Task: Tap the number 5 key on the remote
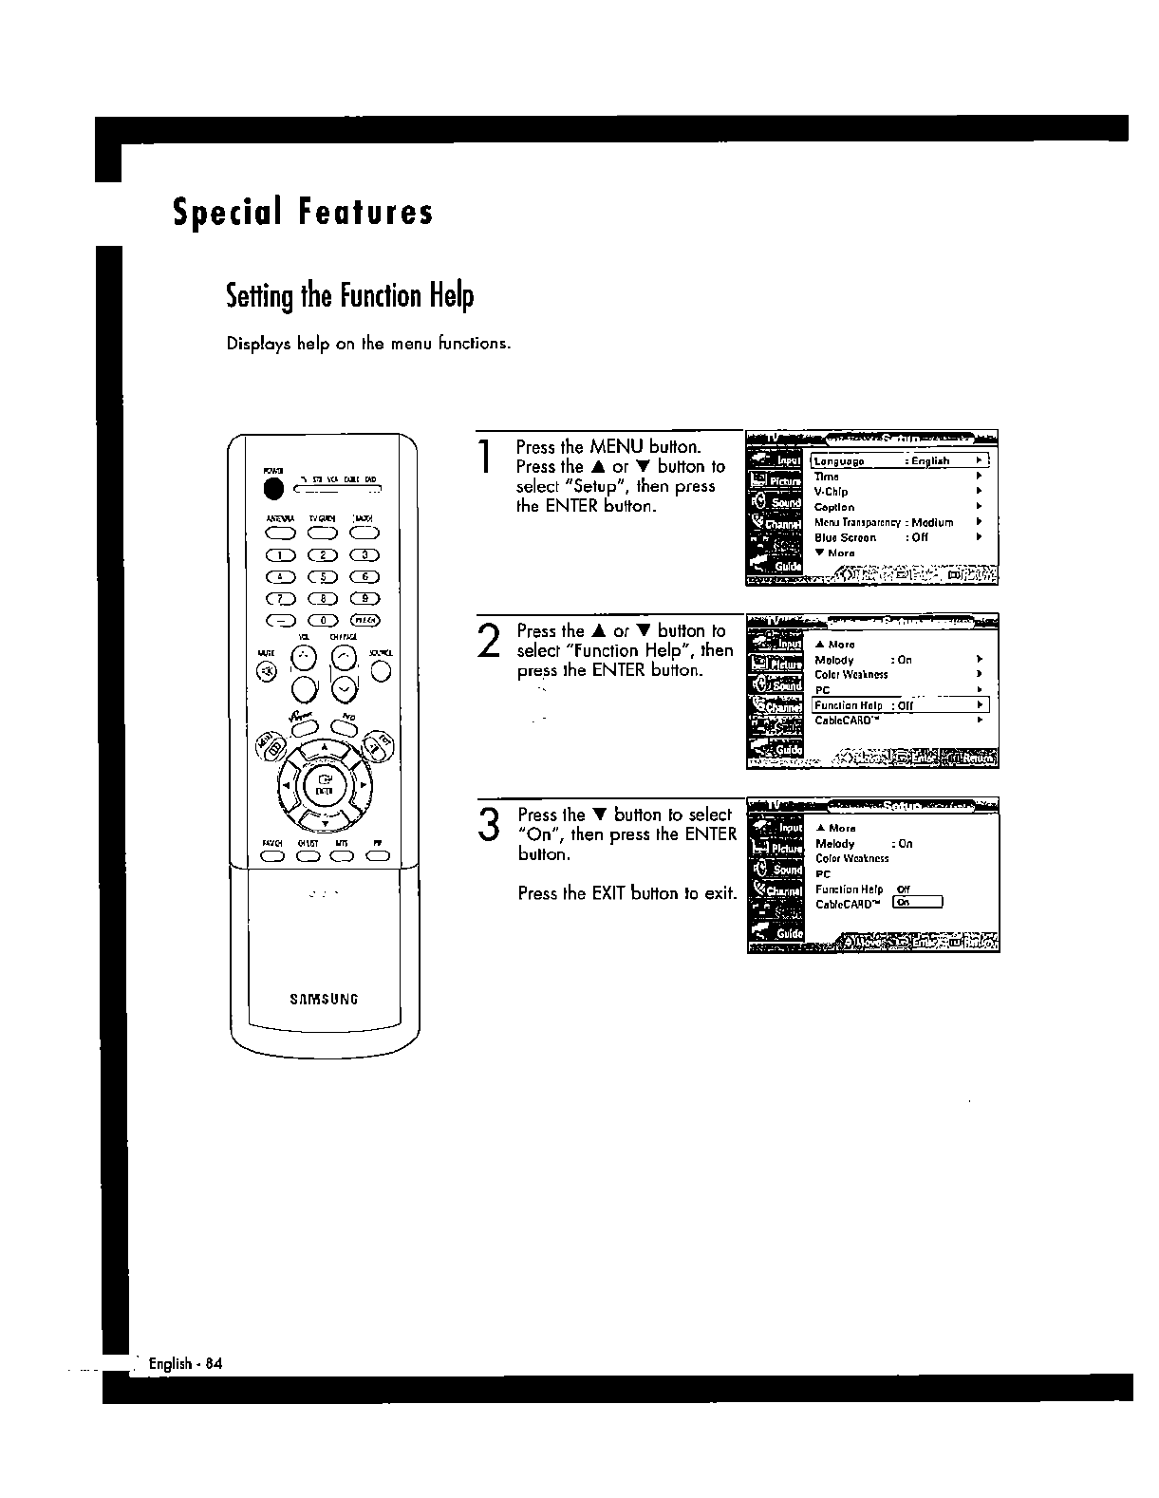click(324, 577)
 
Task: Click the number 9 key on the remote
click(365, 599)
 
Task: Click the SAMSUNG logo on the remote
click(324, 998)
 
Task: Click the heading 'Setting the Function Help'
click(349, 296)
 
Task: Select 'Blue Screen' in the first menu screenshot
click(845, 537)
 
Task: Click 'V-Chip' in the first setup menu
click(831, 492)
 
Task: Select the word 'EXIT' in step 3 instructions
click(608, 893)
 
